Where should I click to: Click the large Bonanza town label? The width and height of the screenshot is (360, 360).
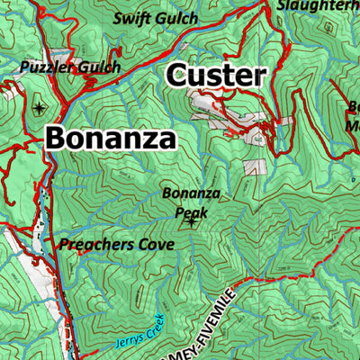click(x=110, y=139)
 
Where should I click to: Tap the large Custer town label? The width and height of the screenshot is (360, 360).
click(x=217, y=76)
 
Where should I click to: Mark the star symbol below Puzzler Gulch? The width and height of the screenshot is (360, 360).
click(x=38, y=108)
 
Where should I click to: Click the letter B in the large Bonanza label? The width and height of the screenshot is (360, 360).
click(x=56, y=139)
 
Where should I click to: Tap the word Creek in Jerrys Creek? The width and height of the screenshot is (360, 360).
click(x=154, y=323)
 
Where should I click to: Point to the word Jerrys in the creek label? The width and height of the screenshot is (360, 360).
click(x=128, y=338)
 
